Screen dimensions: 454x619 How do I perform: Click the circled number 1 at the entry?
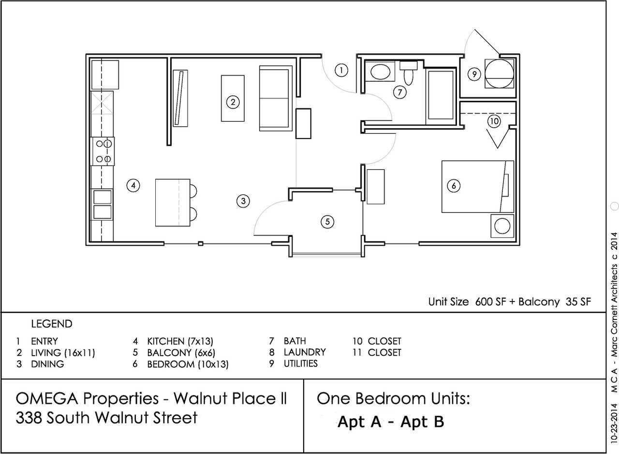[x=341, y=70]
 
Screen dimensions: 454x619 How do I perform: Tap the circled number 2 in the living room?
[x=233, y=102]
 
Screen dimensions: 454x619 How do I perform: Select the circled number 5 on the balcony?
[x=327, y=222]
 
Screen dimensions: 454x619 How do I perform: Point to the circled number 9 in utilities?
[x=474, y=74]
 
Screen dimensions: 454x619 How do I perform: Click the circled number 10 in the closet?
[x=493, y=121]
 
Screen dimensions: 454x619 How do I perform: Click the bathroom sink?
[x=380, y=72]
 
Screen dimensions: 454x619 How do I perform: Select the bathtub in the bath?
[x=440, y=95]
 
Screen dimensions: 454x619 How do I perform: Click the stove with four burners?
[x=103, y=151]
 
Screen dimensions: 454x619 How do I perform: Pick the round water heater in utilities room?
[x=499, y=74]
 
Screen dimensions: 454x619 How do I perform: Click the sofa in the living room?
[x=275, y=98]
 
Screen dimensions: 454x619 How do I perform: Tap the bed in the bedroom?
[x=476, y=186]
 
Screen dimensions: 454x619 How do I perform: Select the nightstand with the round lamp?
[x=502, y=226]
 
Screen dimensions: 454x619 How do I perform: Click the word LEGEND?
[x=51, y=324]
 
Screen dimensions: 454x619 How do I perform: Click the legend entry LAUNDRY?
[x=304, y=352]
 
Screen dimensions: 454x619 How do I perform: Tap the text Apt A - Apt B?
[x=390, y=422]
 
